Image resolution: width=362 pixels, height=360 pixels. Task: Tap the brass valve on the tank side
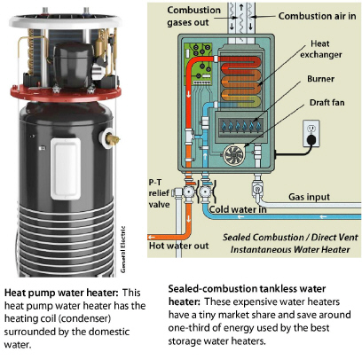click(x=110, y=138)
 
